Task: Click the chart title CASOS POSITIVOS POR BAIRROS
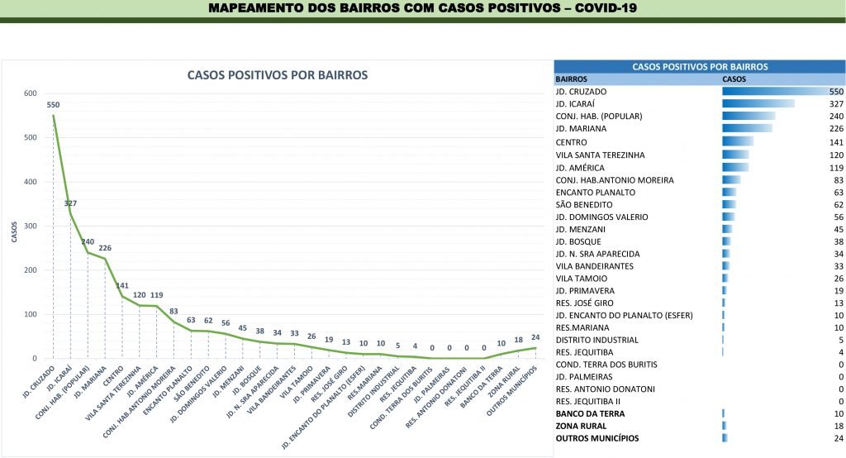pyautogui.click(x=278, y=75)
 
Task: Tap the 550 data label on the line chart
pyautogui.click(x=53, y=105)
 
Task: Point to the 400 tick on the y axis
pyautogui.click(x=30, y=182)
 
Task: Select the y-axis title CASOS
pyautogui.click(x=14, y=231)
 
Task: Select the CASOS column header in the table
pyautogui.click(x=734, y=79)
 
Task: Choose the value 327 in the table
pyautogui.click(x=835, y=103)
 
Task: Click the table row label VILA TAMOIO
pyautogui.click(x=582, y=279)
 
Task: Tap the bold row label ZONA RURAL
pyautogui.click(x=585, y=426)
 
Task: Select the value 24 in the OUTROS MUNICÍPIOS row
pyautogui.click(x=837, y=438)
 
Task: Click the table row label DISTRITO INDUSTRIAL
pyautogui.click(x=596, y=340)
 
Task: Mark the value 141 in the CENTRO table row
pyautogui.click(x=835, y=142)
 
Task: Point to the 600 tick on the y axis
pyautogui.click(x=30, y=93)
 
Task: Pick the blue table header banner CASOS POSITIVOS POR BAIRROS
pyautogui.click(x=699, y=66)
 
